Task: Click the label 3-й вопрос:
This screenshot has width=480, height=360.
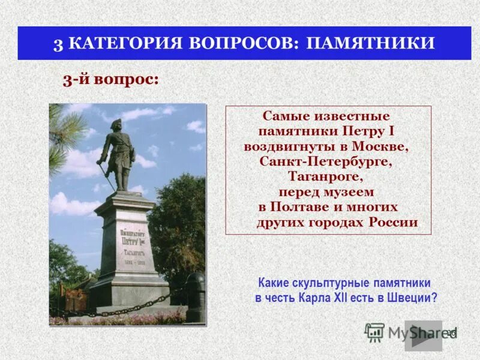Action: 111,80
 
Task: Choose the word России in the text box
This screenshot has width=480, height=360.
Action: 392,222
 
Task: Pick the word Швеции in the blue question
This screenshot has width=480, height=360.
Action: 412,298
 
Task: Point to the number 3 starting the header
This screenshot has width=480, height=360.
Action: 58,44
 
